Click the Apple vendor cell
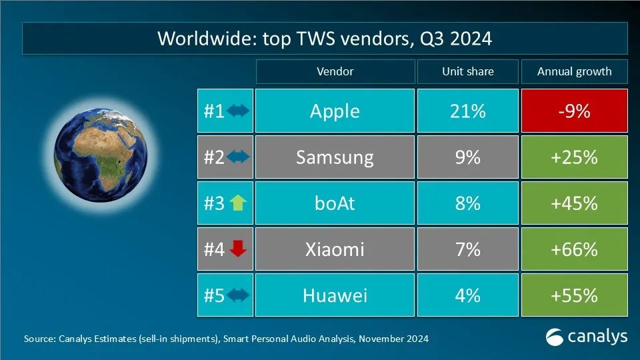335,111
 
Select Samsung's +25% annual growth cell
574,157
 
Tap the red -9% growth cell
574,111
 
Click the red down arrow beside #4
238,249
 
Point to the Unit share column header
467,71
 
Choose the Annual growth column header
574,71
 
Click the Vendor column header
335,71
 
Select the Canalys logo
586,337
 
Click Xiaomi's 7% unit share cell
467,249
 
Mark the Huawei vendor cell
335,295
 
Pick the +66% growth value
574,249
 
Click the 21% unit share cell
467,111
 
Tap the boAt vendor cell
335,203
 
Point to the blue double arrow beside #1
238,111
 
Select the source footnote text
226,339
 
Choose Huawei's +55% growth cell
574,295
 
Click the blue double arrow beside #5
238,295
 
